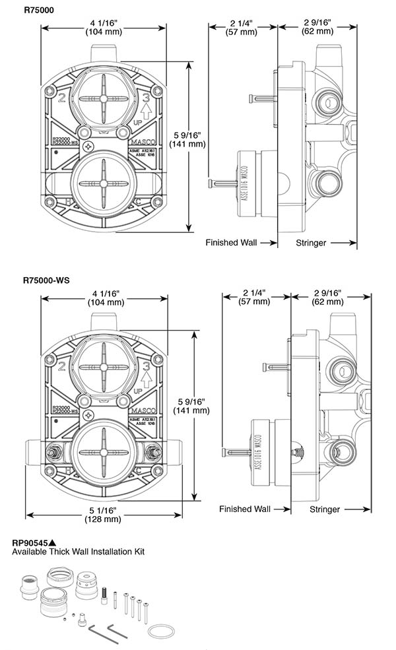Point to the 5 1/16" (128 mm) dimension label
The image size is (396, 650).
pos(103,514)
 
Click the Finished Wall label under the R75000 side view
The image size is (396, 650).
pos(230,243)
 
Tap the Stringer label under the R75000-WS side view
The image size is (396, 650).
pos(324,509)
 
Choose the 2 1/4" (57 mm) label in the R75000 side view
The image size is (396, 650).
pos(242,27)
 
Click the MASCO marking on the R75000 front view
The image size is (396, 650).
pos(141,140)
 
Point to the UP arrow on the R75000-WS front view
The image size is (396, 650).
pos(147,379)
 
